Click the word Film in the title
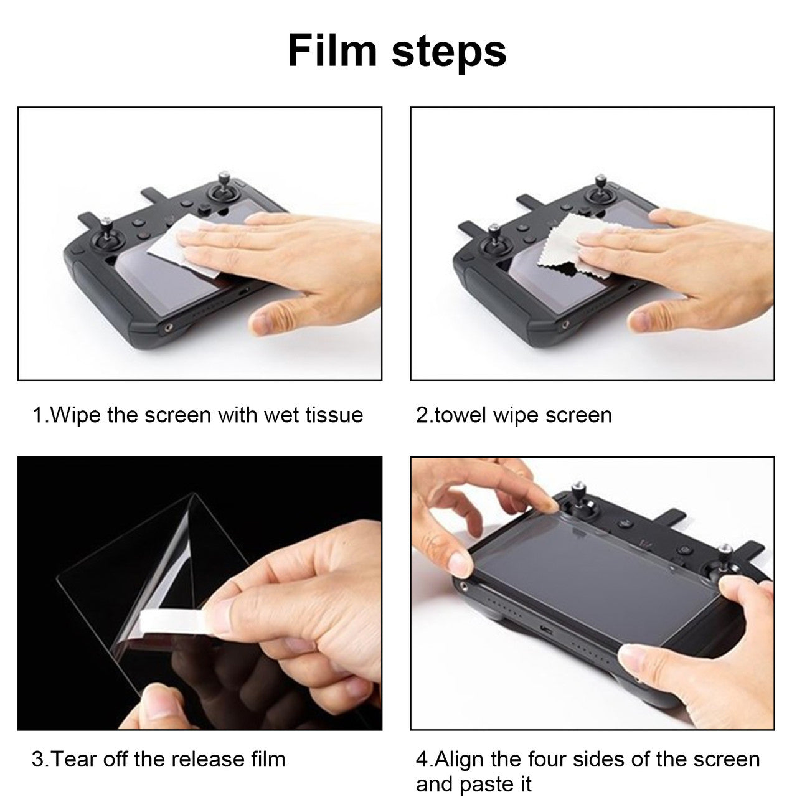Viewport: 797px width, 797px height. coord(332,50)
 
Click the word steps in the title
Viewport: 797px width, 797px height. coord(449,52)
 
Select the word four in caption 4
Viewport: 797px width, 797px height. coord(549,760)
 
